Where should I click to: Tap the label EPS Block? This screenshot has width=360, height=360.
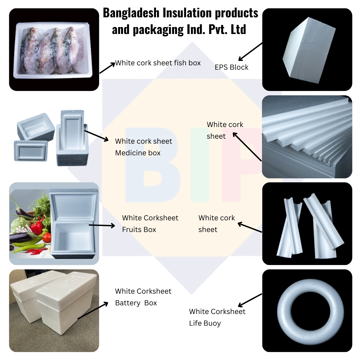231,67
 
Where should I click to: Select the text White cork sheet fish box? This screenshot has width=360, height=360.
158,63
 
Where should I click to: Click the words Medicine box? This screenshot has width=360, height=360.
138,153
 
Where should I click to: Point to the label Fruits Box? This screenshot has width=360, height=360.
139,230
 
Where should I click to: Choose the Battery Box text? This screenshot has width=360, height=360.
136,303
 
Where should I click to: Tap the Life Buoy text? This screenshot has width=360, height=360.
205,323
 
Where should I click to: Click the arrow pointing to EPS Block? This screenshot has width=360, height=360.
250,51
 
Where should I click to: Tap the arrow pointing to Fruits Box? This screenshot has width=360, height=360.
102,226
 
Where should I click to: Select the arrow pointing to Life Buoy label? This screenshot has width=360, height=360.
250,300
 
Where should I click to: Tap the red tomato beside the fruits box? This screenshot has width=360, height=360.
47,238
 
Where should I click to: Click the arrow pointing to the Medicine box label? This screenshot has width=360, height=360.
97,136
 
